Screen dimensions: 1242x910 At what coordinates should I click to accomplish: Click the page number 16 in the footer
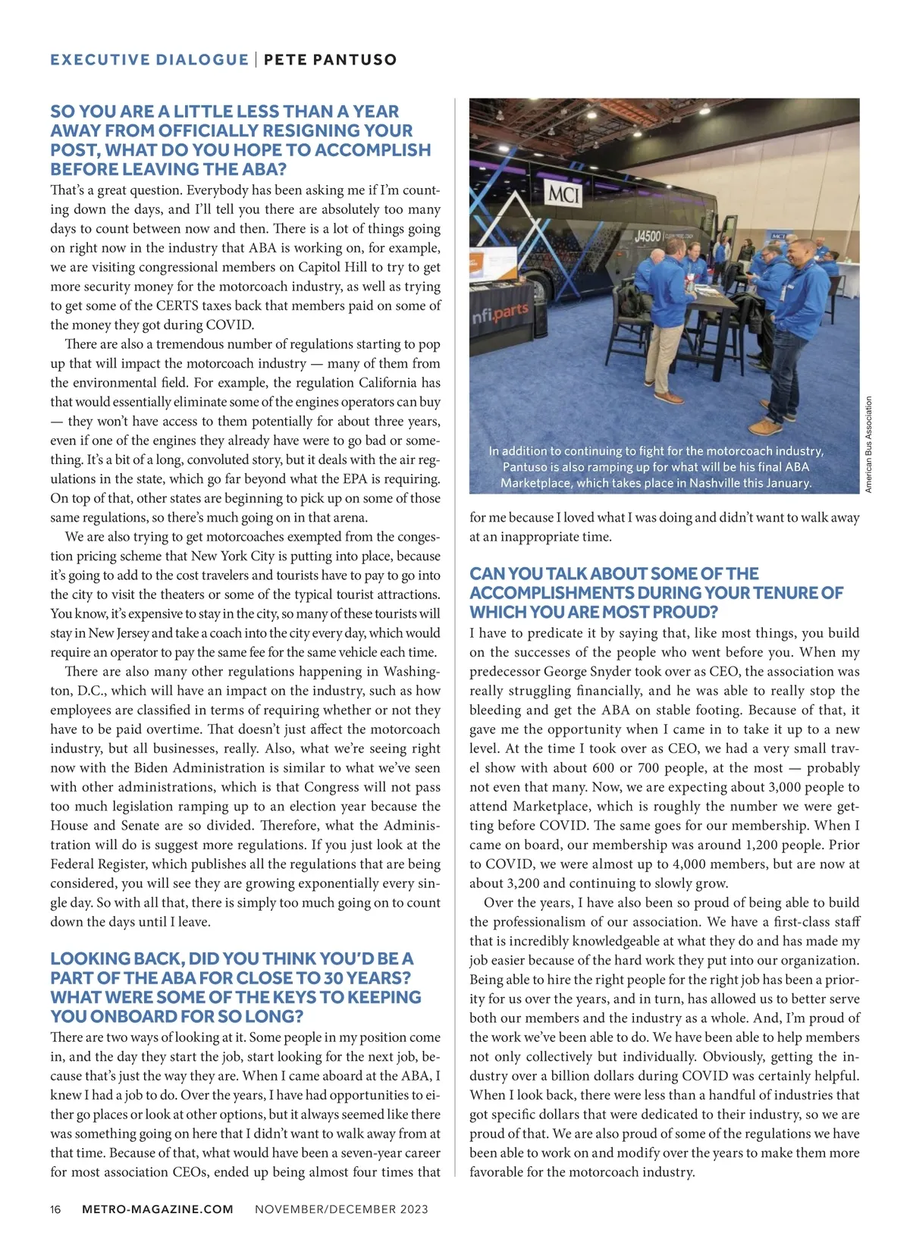tap(55, 1209)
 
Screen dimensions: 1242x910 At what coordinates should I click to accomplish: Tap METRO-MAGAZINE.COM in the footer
tap(158, 1209)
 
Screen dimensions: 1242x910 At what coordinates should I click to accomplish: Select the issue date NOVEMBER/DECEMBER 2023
tap(341, 1209)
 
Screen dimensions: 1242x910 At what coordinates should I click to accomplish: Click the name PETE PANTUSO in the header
tap(331, 60)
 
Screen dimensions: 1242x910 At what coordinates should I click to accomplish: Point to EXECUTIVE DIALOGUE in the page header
tap(149, 60)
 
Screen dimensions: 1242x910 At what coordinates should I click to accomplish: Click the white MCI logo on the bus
tap(563, 196)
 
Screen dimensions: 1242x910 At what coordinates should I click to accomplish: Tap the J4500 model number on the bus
tap(647, 237)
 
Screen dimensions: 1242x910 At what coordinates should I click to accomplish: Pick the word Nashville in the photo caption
tap(719, 483)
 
